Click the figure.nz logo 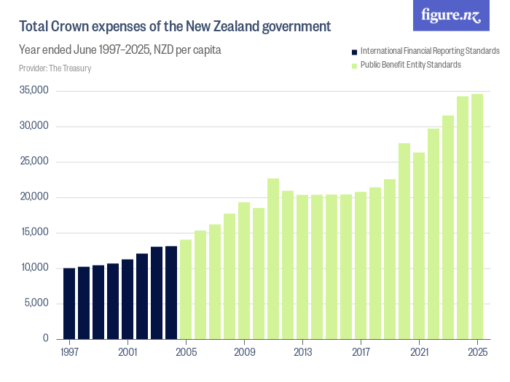pos(451,15)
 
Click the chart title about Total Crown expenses pos(175,27)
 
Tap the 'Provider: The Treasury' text pos(55,68)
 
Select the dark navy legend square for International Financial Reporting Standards pos(354,52)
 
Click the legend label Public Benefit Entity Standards pos(411,65)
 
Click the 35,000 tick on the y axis pos(35,91)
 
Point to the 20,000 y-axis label pos(35,197)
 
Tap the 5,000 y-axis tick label pos(36,303)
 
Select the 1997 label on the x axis pos(69,352)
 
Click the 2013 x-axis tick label pos(302,352)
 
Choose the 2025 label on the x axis pos(477,352)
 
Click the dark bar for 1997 pos(69,303)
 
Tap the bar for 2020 pos(404,241)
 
